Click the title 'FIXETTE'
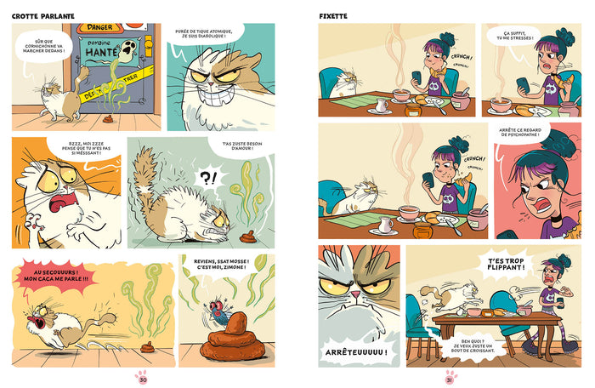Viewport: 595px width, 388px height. [334, 16]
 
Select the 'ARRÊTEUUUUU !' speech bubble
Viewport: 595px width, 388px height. [357, 351]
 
